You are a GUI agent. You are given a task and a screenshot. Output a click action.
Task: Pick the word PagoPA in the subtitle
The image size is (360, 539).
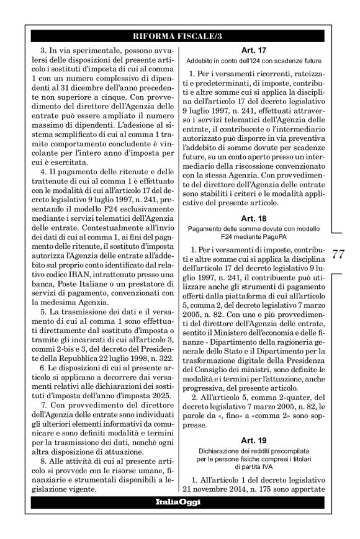pyautogui.click(x=277, y=239)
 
